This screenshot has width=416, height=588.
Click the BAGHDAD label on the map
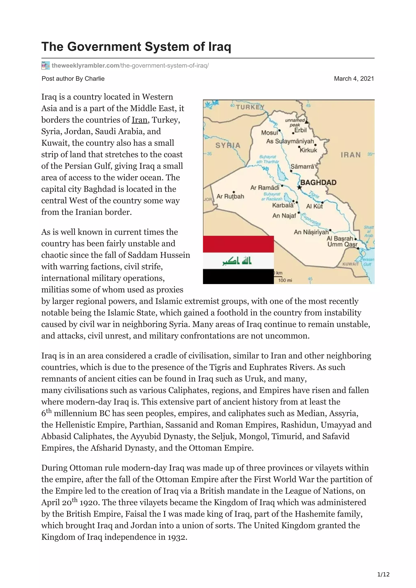[318, 182]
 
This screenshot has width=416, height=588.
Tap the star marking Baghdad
[299, 187]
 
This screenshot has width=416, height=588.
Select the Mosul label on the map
[269, 132]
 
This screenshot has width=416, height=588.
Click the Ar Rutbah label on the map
[230, 196]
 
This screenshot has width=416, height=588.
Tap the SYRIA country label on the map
[228, 145]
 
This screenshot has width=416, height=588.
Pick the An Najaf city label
[284, 216]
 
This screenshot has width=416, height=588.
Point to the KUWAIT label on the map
[350, 264]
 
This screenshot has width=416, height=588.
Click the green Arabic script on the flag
[237, 261]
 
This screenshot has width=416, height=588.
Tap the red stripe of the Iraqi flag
[238, 244]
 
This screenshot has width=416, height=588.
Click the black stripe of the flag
[238, 277]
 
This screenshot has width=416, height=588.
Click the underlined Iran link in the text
[139, 120]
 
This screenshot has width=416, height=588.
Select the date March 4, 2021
[354, 79]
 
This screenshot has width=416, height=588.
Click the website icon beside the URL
[45, 66]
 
